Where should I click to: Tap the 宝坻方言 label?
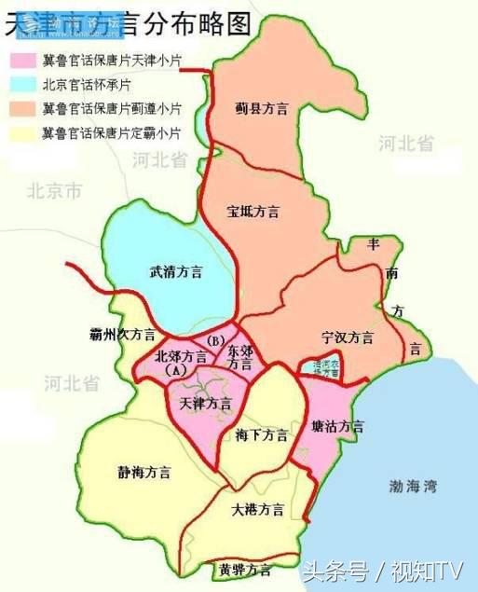[x=253, y=211]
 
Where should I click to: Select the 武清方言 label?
[x=176, y=272]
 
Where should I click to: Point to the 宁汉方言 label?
[x=348, y=337]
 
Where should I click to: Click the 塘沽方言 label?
[x=338, y=426]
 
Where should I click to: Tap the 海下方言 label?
[x=262, y=435]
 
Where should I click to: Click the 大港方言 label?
[x=258, y=510]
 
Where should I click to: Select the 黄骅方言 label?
[x=245, y=569]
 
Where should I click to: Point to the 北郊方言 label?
[x=182, y=356]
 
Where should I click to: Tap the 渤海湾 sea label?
[x=415, y=486]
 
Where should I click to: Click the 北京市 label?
[x=54, y=192]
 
